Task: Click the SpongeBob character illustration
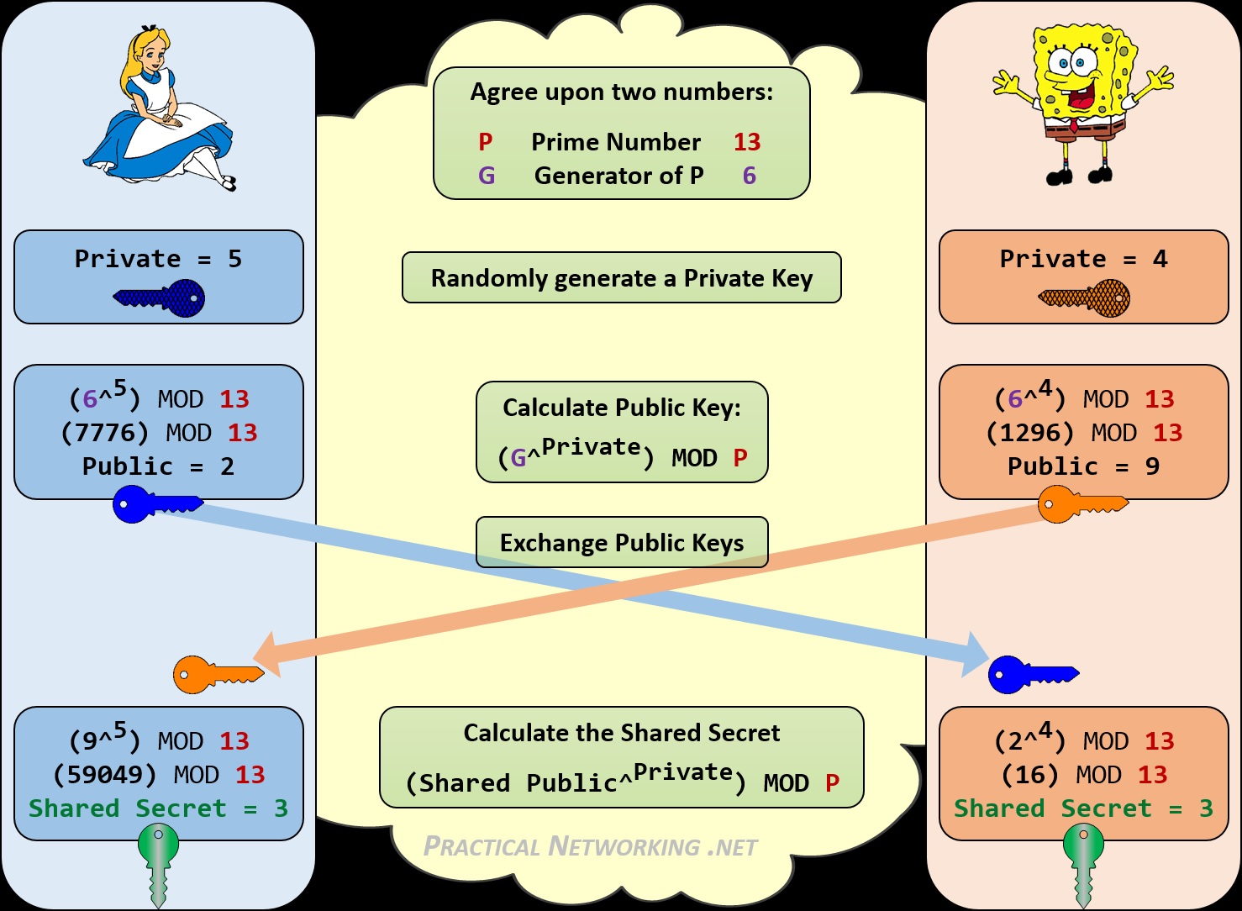pyautogui.click(x=1080, y=101)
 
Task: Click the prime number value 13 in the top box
pyautogui.click(x=746, y=142)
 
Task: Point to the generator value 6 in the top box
pyautogui.click(x=749, y=176)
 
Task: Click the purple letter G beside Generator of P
pyautogui.click(x=487, y=176)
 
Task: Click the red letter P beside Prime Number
pyautogui.click(x=486, y=142)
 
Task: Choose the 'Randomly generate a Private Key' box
pyautogui.click(x=622, y=278)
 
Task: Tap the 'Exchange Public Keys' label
pyautogui.click(x=622, y=543)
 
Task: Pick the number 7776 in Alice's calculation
pyautogui.click(x=105, y=433)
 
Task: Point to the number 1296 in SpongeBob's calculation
pyautogui.click(x=1030, y=433)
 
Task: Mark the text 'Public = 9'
pyautogui.click(x=1083, y=466)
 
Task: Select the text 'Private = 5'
pyautogui.click(x=158, y=259)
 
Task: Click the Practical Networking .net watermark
pyautogui.click(x=590, y=846)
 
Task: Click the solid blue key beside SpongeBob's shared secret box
pyautogui.click(x=1031, y=674)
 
